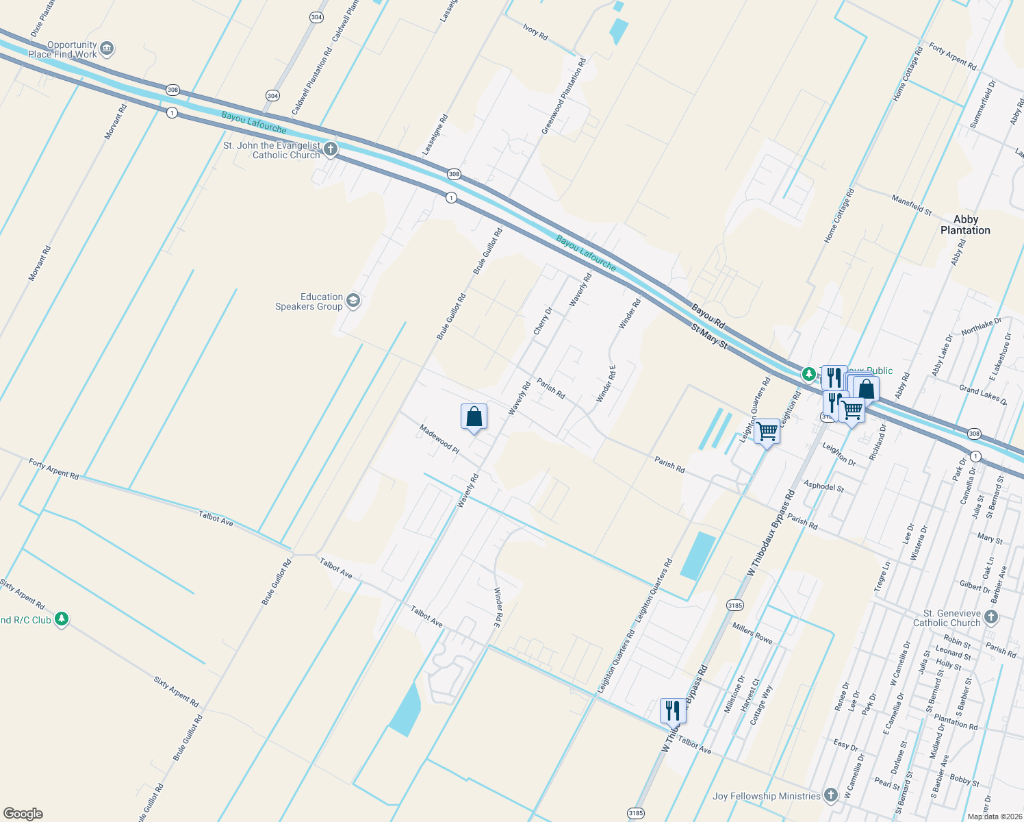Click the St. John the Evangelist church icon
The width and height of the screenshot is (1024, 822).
click(x=330, y=149)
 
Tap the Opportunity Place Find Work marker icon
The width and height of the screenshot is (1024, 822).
click(x=107, y=49)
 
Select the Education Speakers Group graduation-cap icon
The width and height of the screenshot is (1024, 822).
click(x=353, y=301)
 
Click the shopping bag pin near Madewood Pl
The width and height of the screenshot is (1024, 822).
click(x=474, y=416)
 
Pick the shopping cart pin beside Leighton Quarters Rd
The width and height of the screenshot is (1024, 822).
click(x=767, y=432)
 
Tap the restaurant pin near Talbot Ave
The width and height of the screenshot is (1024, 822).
click(x=673, y=710)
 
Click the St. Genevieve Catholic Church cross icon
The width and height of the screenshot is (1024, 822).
click(x=990, y=617)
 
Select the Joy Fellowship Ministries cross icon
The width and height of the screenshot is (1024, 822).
click(x=830, y=795)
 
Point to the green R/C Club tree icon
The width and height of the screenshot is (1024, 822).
click(x=62, y=619)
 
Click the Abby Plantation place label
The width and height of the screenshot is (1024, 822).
click(x=965, y=225)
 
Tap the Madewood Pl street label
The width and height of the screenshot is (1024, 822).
click(x=439, y=438)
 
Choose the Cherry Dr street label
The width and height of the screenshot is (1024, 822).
click(x=543, y=321)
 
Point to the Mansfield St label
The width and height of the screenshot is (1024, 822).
click(x=911, y=205)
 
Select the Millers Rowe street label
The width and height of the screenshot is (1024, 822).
click(x=752, y=633)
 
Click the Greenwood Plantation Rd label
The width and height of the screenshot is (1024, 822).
click(x=563, y=96)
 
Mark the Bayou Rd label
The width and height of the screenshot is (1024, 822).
click(x=708, y=315)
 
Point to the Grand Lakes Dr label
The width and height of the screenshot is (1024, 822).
click(x=982, y=395)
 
